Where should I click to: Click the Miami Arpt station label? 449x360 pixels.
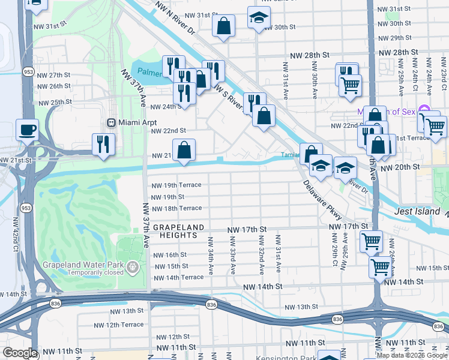click(x=133, y=122)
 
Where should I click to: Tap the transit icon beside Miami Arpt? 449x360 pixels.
click(x=111, y=122)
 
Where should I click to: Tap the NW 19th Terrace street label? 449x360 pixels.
click(x=176, y=185)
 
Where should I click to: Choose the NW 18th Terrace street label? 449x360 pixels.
click(x=176, y=208)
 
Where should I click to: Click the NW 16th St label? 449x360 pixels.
click(x=170, y=254)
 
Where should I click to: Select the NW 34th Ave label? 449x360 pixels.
click(x=211, y=256)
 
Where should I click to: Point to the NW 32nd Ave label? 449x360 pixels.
click(x=261, y=252)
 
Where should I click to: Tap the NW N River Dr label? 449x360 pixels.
click(x=175, y=18)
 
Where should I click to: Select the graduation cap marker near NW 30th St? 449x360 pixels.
click(x=259, y=19)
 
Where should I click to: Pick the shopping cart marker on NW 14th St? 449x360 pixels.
click(x=381, y=266)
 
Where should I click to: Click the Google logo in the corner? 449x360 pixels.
click(x=20, y=353)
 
